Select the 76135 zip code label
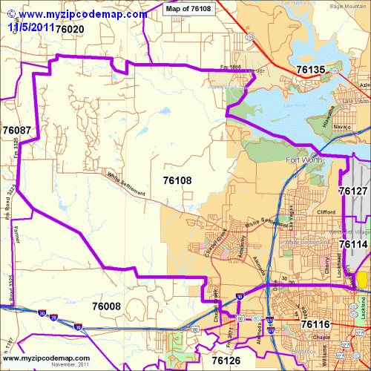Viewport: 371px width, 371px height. tap(310, 70)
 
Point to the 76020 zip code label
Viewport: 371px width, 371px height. tap(69, 28)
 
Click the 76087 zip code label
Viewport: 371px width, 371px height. tap(16, 130)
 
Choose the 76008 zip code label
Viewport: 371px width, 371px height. tap(106, 326)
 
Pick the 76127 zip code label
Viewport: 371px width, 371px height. tap(353, 191)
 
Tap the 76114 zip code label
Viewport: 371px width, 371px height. tap(353, 243)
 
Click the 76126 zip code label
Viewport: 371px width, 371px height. tap(226, 361)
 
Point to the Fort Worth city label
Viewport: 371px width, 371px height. tap(304, 161)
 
